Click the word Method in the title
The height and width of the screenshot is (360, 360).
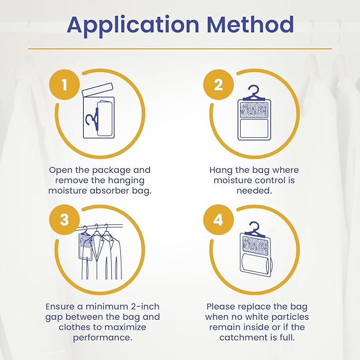coord(250,24)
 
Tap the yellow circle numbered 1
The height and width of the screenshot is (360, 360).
coord(65,84)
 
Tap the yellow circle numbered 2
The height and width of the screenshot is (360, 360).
coord(218,84)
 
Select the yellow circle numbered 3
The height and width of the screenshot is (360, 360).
coord(65,219)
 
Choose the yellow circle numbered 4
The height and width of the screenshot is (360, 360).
coord(218,219)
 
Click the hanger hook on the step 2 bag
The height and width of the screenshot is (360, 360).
coord(254,93)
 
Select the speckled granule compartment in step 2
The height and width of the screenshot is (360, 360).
coord(254,110)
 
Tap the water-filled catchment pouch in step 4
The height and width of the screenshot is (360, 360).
coord(256,264)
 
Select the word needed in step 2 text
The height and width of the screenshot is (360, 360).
coord(254,190)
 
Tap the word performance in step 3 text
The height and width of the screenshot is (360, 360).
coord(103,338)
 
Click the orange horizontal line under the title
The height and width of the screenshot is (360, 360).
coord(180,49)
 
